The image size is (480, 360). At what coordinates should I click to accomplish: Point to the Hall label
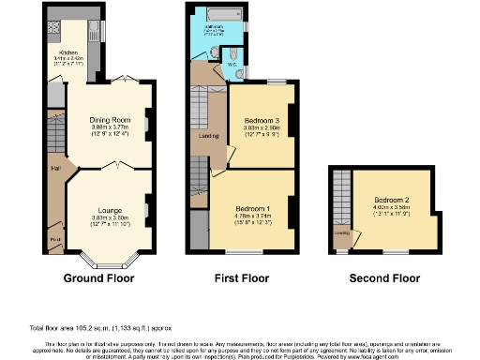[x=56, y=169]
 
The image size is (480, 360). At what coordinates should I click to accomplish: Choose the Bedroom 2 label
[x=392, y=200]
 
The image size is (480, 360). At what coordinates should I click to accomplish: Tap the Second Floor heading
[x=384, y=278]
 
